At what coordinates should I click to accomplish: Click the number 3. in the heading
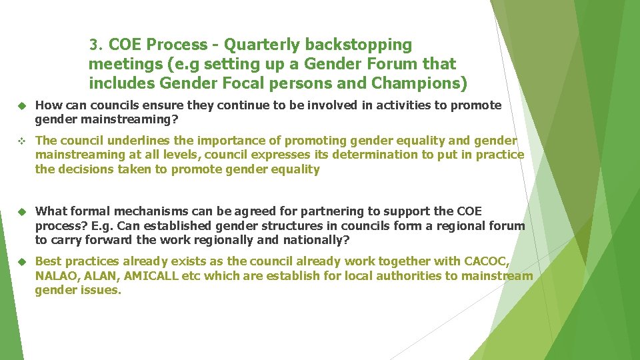pos(97,45)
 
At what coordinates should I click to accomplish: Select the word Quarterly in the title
pos(262,45)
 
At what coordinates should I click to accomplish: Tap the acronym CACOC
pos(486,261)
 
